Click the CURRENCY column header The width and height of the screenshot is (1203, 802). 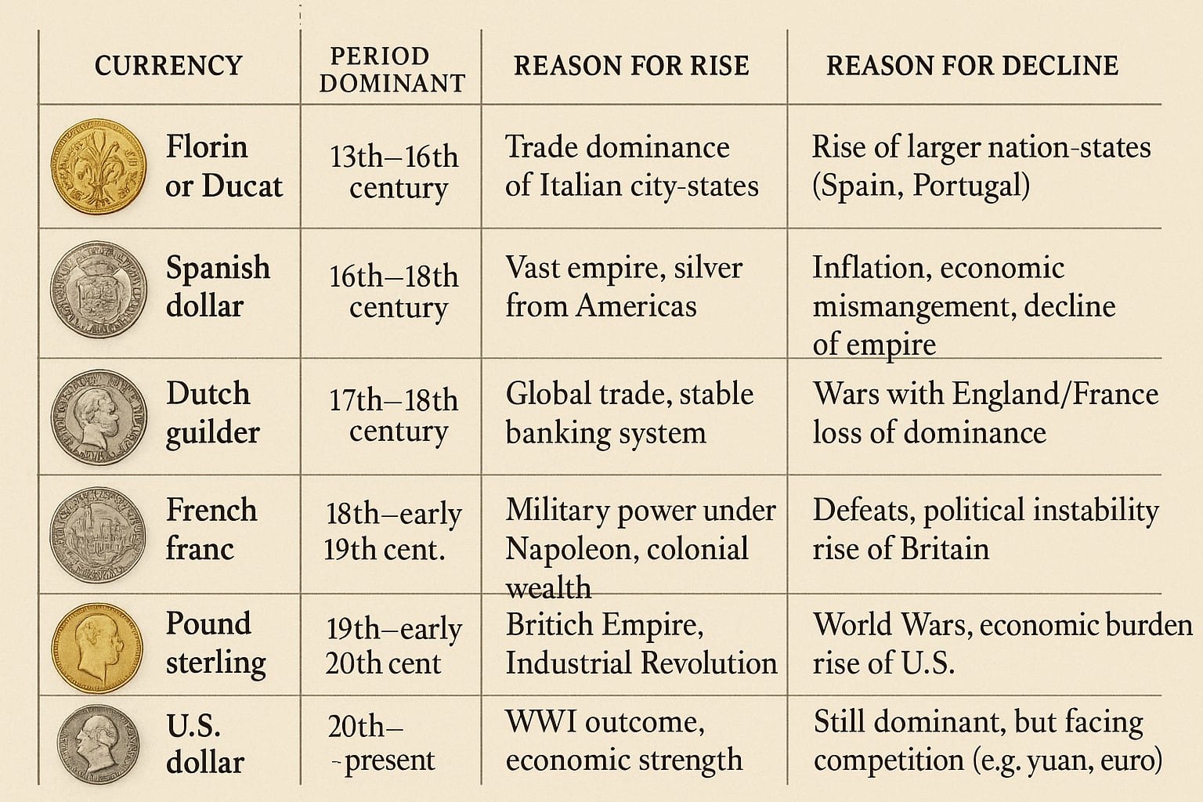pos(168,66)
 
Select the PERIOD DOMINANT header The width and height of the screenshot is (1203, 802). pos(392,70)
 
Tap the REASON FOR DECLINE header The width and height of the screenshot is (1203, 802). pos(972,66)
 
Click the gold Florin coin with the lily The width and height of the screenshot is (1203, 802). pos(98,167)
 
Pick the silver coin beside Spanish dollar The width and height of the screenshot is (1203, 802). pos(98,288)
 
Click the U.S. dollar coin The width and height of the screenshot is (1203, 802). pos(98,744)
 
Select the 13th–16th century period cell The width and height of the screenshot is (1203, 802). pos(394,172)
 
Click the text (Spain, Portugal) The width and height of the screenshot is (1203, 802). pos(920,186)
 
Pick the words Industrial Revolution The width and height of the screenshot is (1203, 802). pos(641,663)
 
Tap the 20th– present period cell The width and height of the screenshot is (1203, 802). pos(381,743)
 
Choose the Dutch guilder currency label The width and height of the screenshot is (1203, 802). pos(211,413)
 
